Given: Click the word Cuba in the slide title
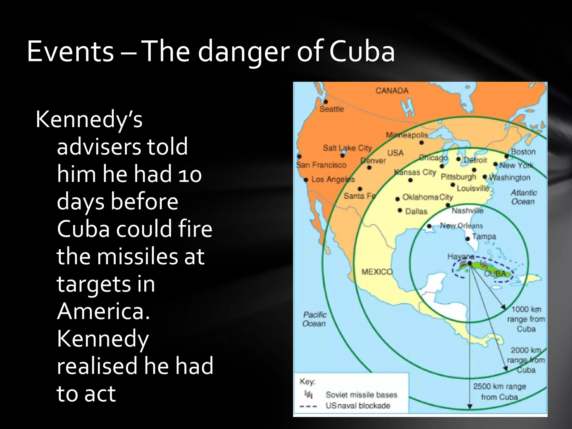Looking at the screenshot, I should pyautogui.click(x=362, y=52).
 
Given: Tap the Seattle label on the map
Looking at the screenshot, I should pyautogui.click(x=332, y=109).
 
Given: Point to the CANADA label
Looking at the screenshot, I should pyautogui.click(x=392, y=90).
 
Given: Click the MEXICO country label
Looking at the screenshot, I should pyautogui.click(x=377, y=272).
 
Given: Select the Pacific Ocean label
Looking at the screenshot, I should pyautogui.click(x=314, y=319).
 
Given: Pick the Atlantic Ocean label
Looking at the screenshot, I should pyautogui.click(x=524, y=197).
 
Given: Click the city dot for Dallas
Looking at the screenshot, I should pyautogui.click(x=400, y=210).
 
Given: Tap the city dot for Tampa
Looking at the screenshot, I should pyautogui.click(x=468, y=239).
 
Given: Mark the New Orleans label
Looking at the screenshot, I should pyautogui.click(x=461, y=225).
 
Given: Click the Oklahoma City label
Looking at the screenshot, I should pyautogui.click(x=427, y=197).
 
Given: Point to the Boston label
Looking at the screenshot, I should pyautogui.click(x=523, y=152).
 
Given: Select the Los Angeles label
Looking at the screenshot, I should pyautogui.click(x=333, y=179).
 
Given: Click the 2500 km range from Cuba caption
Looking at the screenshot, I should pyautogui.click(x=499, y=391).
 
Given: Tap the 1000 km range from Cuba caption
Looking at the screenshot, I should pyautogui.click(x=526, y=319).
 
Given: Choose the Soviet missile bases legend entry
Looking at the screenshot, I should pyautogui.click(x=361, y=395).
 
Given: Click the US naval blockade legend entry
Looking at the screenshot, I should pyautogui.click(x=357, y=406).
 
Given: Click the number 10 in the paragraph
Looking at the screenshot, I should pyautogui.click(x=190, y=174).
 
